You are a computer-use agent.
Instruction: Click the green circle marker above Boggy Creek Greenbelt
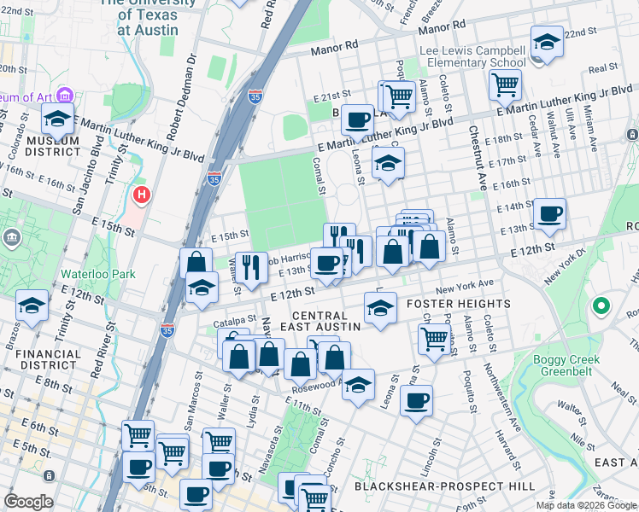click(601, 305)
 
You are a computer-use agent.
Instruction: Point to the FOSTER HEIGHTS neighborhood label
click(459, 304)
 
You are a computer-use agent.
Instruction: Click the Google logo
click(28, 502)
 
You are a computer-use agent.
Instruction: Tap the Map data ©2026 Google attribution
click(585, 505)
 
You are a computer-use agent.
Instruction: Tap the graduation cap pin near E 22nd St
click(546, 42)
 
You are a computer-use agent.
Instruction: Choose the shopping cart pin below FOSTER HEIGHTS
click(434, 339)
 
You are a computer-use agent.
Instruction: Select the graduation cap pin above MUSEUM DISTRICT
click(58, 119)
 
